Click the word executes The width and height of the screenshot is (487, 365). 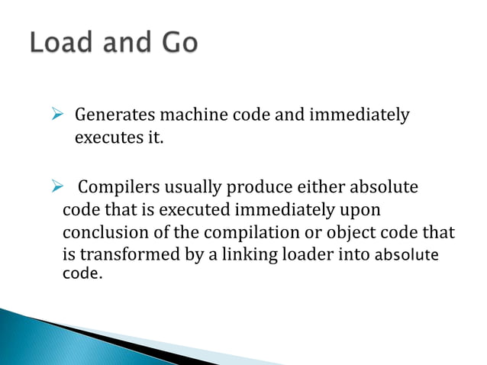[102, 140]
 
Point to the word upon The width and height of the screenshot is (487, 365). [362, 209]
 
